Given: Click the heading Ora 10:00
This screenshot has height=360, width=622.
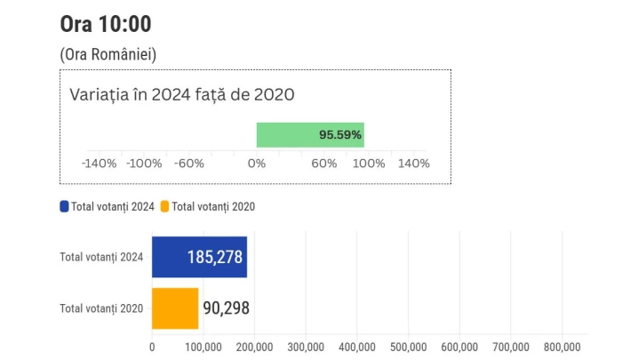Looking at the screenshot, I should point(105,24).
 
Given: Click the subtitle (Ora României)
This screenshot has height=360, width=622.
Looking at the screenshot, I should point(108,55).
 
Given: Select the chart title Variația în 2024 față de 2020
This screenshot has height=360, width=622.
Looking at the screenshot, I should point(182,94).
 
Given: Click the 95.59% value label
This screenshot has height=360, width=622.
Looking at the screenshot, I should point(340,135).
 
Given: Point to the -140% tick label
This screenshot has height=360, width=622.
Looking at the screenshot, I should point(99,164).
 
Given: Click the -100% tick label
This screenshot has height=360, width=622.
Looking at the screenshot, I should point(144,164).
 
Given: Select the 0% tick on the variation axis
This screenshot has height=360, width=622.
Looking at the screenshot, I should point(256,164).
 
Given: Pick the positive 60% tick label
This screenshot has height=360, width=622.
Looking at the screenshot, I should point(324,164).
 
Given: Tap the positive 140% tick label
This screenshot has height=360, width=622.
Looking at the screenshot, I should point(413,164).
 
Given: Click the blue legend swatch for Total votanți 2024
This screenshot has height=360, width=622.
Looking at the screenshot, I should point(64,206).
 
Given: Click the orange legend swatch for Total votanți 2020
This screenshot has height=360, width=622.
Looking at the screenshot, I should point(164,206).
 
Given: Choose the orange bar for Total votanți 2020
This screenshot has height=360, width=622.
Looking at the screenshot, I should point(175,308).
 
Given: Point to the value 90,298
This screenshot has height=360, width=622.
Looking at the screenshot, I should point(227,308).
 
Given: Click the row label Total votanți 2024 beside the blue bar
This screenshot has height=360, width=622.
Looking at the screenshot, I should point(101,258).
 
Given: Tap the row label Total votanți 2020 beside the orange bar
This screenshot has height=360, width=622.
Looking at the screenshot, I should point(101,308).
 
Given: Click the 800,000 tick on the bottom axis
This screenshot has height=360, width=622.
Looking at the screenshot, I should point(562,347).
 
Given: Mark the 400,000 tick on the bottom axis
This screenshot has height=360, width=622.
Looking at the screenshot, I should point(356,347).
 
